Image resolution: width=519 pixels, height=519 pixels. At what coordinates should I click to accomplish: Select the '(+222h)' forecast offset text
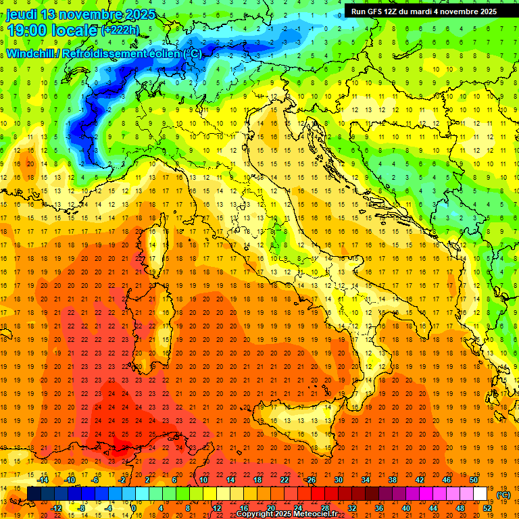click(x=120, y=30)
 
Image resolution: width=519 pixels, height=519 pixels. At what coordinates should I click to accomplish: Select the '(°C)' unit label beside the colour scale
click(x=503, y=494)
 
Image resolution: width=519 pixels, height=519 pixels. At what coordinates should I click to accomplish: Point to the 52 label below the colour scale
click(x=487, y=508)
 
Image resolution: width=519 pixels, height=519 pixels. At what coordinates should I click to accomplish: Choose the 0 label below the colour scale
click(x=134, y=508)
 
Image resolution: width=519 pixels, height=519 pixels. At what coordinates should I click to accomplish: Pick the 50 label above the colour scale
click(x=473, y=480)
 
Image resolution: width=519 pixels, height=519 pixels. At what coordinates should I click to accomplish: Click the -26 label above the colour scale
click(x=311, y=480)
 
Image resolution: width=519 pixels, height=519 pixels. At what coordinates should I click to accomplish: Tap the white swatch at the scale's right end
click(x=480, y=494)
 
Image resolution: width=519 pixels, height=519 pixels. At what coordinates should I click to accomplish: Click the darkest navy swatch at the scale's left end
click(x=34, y=494)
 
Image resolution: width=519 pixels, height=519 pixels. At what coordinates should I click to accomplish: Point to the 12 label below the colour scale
click(x=216, y=508)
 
